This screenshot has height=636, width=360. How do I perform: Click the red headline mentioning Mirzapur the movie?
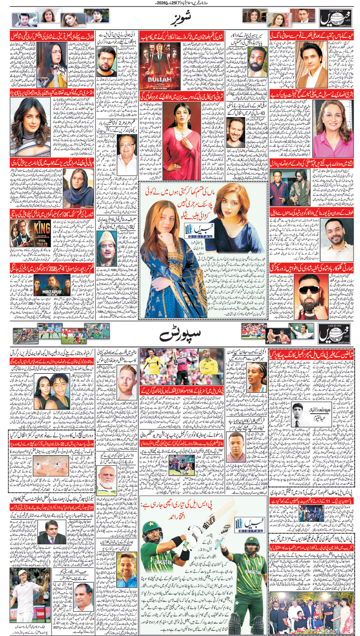[x=52, y=268]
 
